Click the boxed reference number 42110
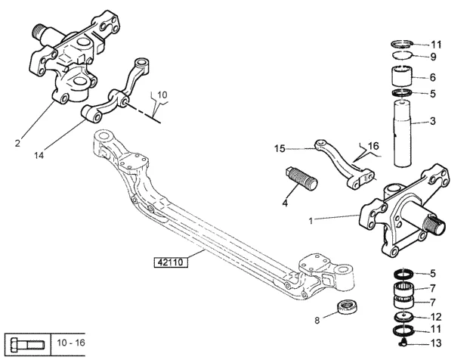pos(171,262)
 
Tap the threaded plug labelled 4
pos(301,178)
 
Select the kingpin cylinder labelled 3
pos(402,134)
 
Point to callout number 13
pos(436,343)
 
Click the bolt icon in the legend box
pos(28,345)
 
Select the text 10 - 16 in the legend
pos(71,343)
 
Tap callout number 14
pos(39,155)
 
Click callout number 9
pos(433,57)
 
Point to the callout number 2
pos(17,143)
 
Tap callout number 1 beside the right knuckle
pos(311,221)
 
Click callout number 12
pos(436,317)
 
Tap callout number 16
pos(373,146)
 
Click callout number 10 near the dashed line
pos(162,95)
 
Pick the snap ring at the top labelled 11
pos(402,44)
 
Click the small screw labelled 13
pos(402,343)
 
